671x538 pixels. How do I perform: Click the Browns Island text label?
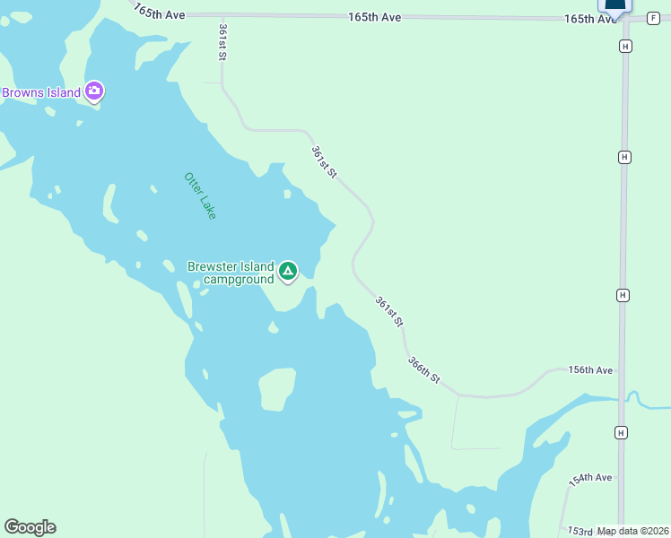tap(41, 91)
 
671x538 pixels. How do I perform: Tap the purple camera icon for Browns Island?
tap(94, 91)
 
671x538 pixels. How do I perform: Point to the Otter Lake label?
tap(200, 195)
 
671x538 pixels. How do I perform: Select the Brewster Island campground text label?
tap(230, 273)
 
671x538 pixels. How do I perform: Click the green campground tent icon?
tap(288, 271)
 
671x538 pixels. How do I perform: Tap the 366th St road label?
tap(424, 370)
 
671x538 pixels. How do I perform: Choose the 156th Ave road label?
tap(590, 370)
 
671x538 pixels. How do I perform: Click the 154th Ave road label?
tap(591, 478)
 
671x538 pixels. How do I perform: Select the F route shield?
tap(651, 18)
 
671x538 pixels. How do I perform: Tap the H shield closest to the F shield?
tap(624, 45)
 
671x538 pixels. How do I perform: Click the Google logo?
tap(30, 527)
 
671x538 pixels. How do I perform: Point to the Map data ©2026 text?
tap(632, 531)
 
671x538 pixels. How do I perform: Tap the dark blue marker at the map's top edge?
tap(614, 5)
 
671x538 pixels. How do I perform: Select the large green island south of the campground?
tap(275, 389)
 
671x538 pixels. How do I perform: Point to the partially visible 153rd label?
tap(579, 531)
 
